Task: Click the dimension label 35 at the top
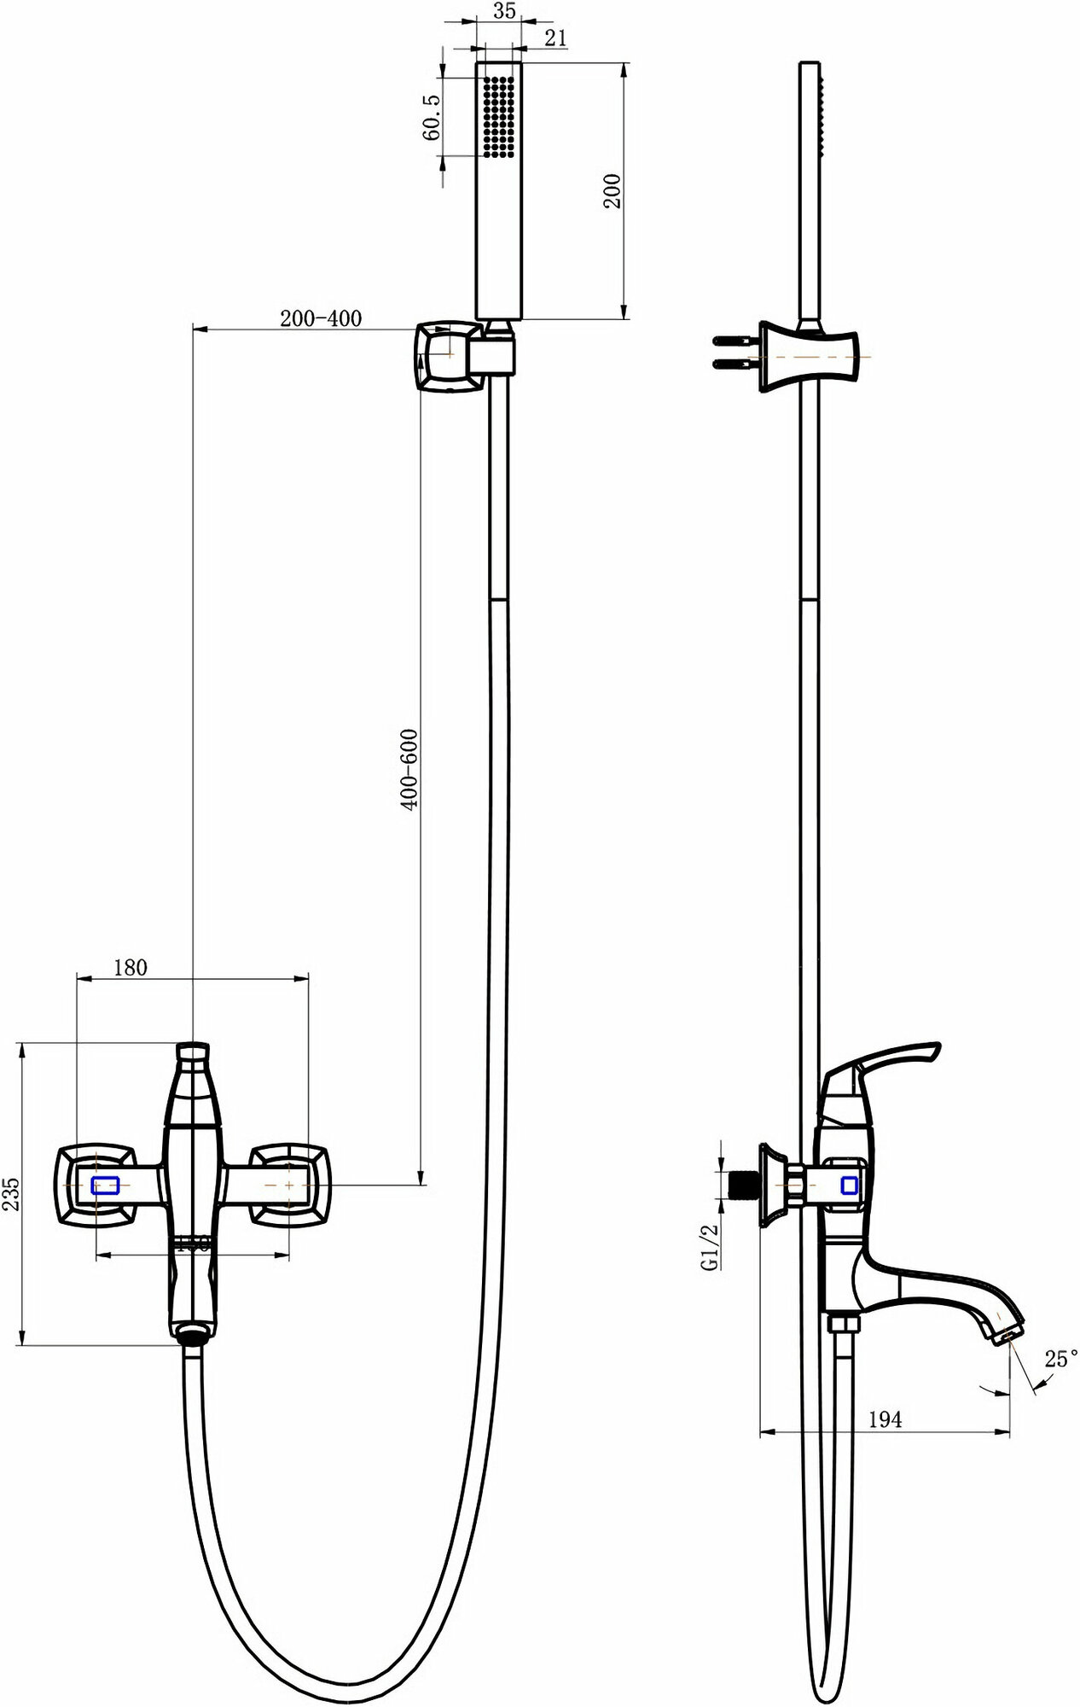504,13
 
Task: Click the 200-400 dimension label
321,318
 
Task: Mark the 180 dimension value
130,967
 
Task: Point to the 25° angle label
1060,1360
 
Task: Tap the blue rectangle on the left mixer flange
106,1185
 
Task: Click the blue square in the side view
850,1185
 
